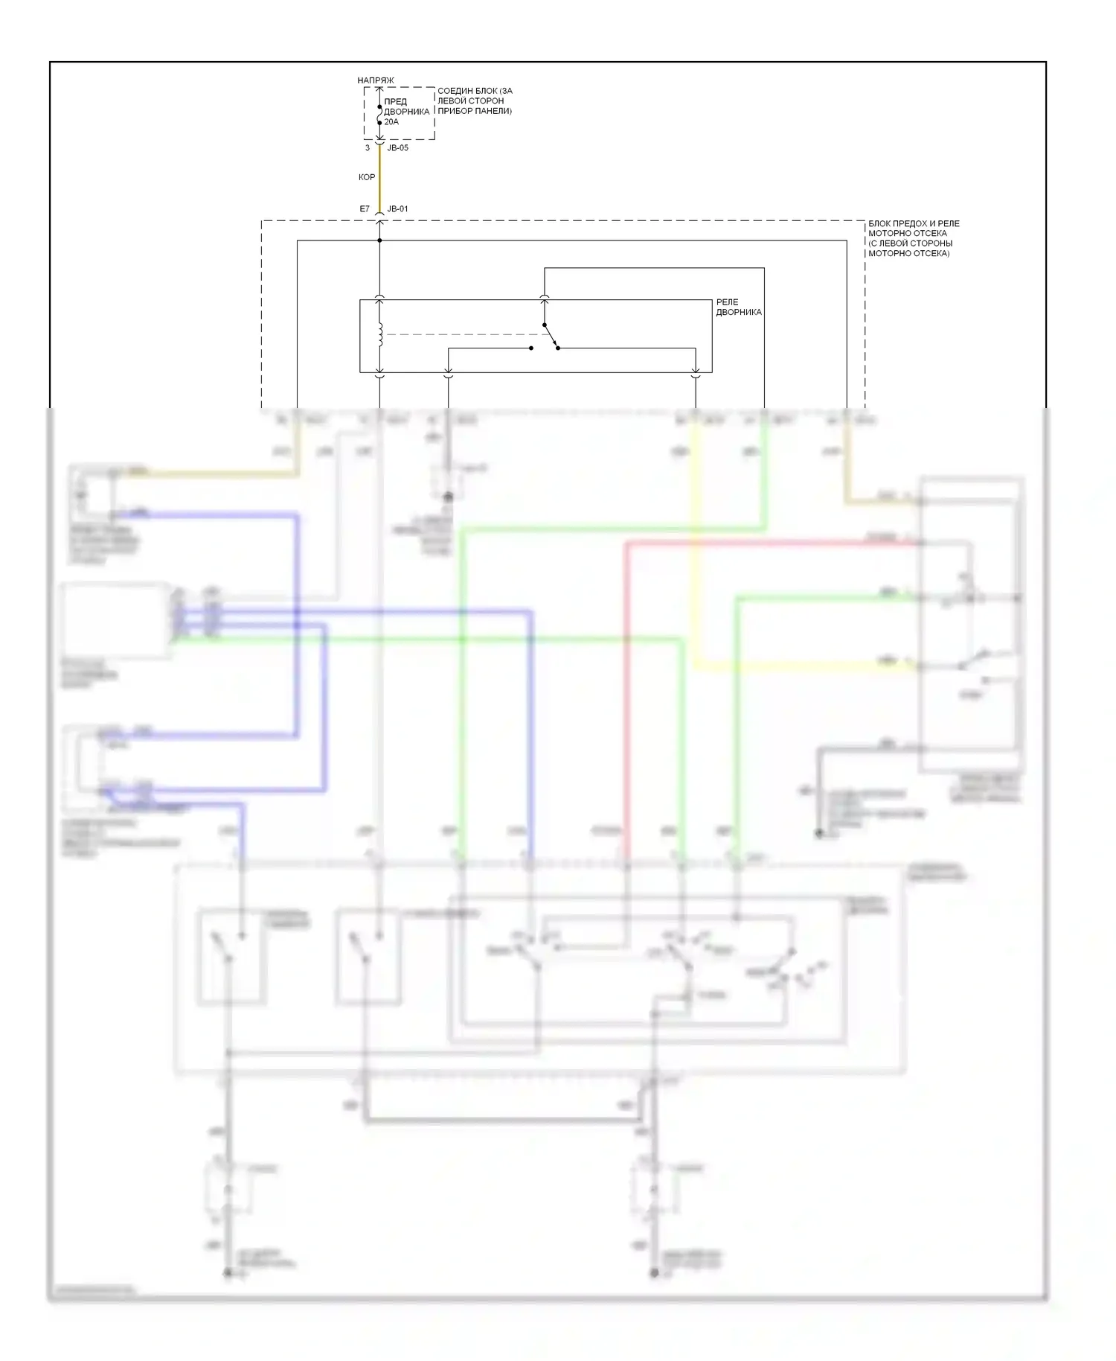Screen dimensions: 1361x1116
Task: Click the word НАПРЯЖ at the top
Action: point(375,80)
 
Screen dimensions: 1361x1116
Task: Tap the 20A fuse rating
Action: point(391,122)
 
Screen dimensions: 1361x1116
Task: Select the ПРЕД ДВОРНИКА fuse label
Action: point(406,106)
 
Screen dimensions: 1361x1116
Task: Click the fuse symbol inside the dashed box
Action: point(379,115)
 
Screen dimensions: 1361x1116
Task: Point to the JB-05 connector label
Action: point(398,148)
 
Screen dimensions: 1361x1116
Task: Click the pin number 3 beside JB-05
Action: point(368,148)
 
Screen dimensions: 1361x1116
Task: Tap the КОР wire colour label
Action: point(367,178)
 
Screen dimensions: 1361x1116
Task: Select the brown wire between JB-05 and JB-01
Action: point(379,179)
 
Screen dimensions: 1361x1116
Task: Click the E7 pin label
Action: point(365,209)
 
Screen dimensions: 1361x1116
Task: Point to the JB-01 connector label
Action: point(398,209)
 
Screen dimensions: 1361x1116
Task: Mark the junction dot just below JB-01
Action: point(379,240)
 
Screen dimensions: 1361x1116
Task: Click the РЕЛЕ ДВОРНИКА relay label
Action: point(738,307)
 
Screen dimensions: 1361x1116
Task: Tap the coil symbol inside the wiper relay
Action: point(380,335)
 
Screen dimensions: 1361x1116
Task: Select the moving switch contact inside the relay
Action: point(551,337)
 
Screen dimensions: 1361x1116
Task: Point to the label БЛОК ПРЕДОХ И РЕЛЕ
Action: point(914,224)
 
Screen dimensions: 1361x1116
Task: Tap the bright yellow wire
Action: point(696,558)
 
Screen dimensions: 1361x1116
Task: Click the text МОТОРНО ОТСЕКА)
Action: point(908,254)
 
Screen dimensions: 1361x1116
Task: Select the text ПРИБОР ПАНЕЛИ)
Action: point(474,112)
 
